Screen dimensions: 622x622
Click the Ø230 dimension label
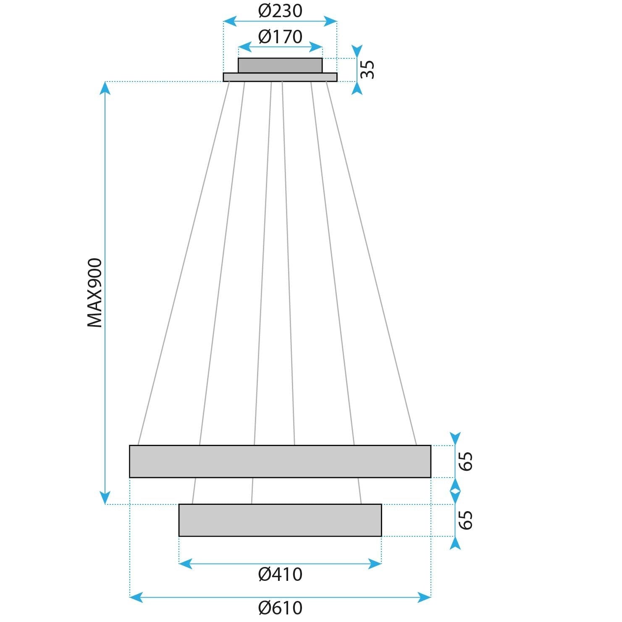[280, 11]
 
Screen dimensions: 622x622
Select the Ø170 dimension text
[280, 37]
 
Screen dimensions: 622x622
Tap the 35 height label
[367, 69]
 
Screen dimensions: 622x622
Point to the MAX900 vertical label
[95, 293]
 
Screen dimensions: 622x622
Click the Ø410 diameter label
[280, 574]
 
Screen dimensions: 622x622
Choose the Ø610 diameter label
[280, 608]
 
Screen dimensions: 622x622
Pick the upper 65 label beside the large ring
[466, 461]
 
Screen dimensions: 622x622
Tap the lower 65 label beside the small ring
[466, 520]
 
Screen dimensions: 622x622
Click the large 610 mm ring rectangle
[280, 461]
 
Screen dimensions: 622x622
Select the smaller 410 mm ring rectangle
[280, 520]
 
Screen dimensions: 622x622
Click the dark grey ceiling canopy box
[280, 66]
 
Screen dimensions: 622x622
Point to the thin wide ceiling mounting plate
[280, 77]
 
